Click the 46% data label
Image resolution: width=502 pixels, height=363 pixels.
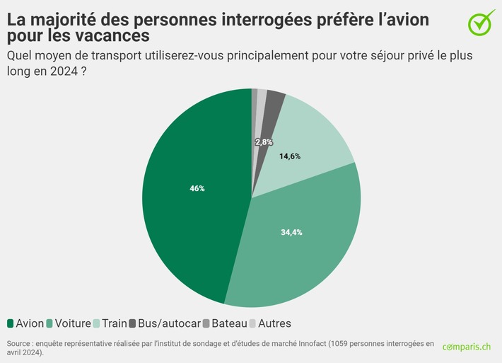197,188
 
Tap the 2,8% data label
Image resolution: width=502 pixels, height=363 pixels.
264,142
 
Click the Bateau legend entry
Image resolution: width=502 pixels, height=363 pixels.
225,323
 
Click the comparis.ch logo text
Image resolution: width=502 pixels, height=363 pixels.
467,347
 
